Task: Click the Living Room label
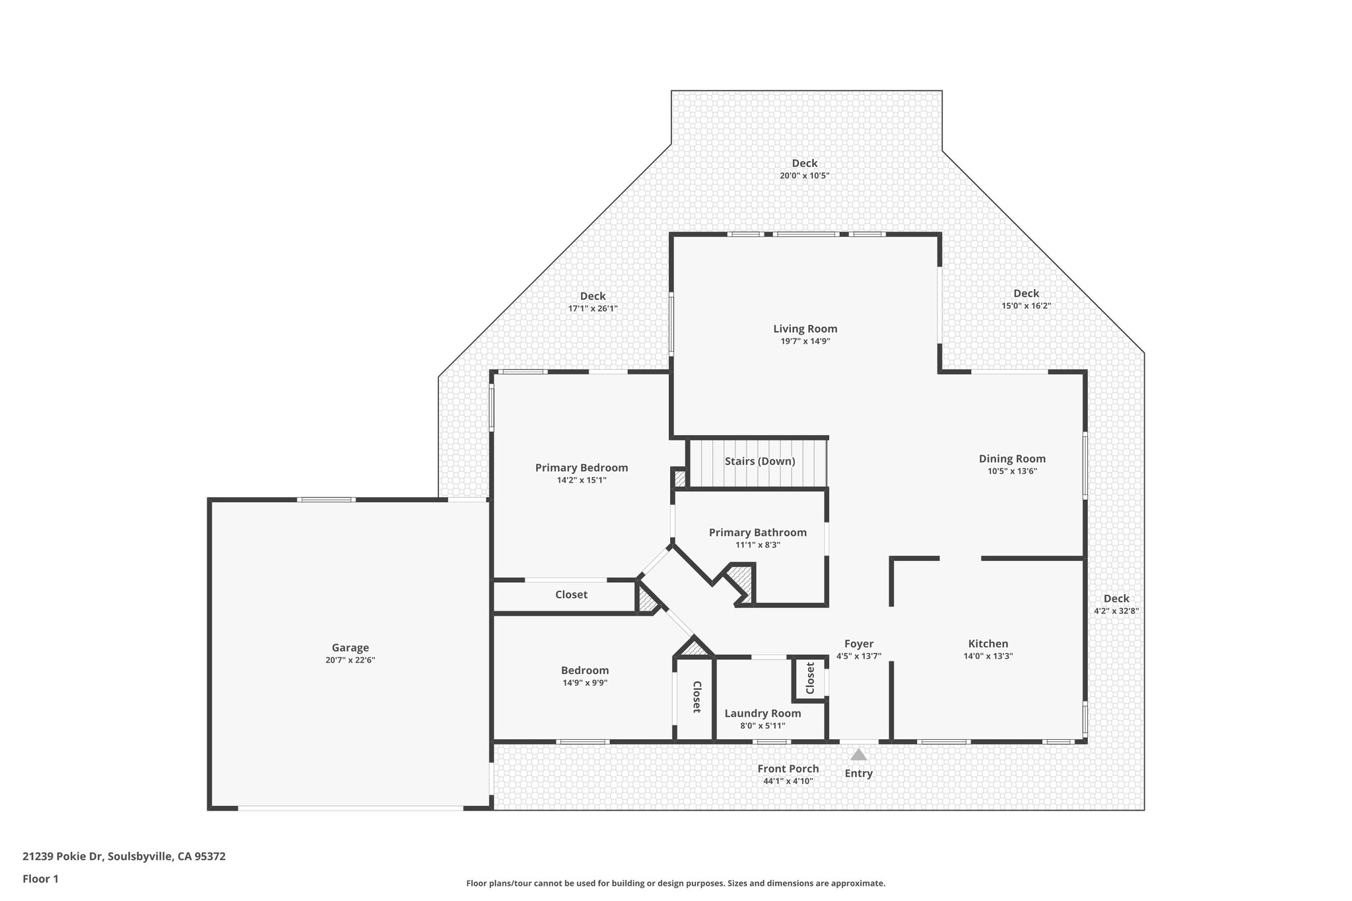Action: click(805, 329)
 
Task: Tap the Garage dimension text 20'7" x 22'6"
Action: click(350, 660)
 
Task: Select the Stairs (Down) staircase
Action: click(759, 461)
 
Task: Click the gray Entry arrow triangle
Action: click(858, 754)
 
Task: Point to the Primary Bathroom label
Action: click(757, 533)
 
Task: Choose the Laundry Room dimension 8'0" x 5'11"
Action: click(762, 726)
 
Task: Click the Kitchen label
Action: click(988, 644)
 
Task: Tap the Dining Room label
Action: click(1011, 459)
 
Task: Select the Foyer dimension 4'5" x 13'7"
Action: click(858, 656)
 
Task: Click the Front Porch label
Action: click(788, 769)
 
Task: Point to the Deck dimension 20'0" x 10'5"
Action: click(804, 176)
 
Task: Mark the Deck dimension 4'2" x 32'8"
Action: click(1116, 611)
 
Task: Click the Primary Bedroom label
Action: click(581, 468)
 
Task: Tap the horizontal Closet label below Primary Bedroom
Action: click(571, 595)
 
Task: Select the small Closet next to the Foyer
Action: click(810, 679)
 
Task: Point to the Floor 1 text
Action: click(40, 879)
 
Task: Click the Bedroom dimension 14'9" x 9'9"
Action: click(585, 683)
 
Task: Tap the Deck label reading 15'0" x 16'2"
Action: click(1026, 306)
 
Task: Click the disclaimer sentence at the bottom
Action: click(675, 883)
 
